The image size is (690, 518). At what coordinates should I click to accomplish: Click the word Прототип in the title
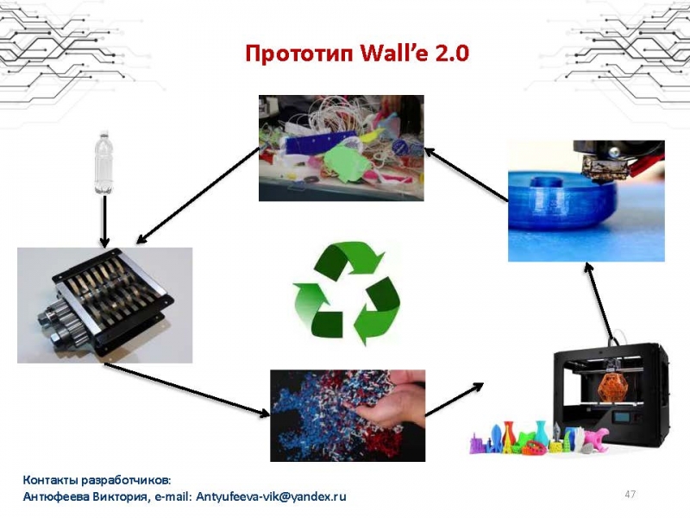[x=299, y=54]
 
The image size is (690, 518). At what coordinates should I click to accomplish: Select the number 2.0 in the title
[x=451, y=54]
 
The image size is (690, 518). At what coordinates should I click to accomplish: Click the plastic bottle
[x=103, y=162]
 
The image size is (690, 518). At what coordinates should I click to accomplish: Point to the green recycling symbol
[x=347, y=293]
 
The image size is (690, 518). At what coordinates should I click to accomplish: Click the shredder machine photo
[x=104, y=306]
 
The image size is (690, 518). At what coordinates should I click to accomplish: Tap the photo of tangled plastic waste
[x=341, y=148]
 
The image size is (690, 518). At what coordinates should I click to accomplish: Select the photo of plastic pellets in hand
[x=348, y=415]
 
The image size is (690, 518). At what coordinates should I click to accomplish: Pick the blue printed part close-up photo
[x=586, y=201]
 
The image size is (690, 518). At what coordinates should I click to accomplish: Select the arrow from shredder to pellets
[x=187, y=389]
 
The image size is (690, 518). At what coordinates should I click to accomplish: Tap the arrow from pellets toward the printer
[x=455, y=399]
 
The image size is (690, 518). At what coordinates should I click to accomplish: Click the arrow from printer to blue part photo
[x=599, y=303]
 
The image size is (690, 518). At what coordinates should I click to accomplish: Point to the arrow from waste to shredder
[x=198, y=195]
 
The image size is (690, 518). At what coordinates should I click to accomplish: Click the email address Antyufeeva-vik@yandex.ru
[x=271, y=496]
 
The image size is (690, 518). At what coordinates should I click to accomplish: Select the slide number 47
[x=630, y=494]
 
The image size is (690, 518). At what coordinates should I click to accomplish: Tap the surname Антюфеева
[x=56, y=497]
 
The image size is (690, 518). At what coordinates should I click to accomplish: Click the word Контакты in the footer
[x=51, y=479]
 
